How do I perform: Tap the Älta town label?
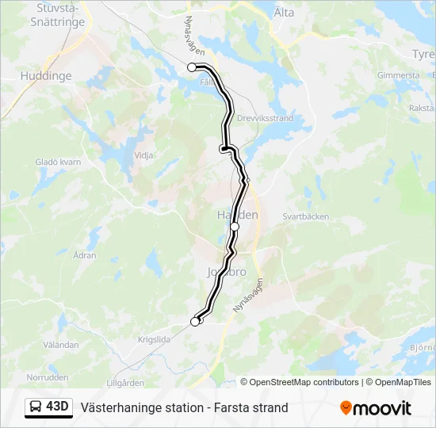pyautogui.click(x=283, y=13)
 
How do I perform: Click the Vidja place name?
pyautogui.click(x=144, y=155)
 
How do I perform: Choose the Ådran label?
pyautogui.click(x=85, y=256)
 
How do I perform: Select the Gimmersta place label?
pyautogui.click(x=399, y=75)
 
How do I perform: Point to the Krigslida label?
pyautogui.click(x=154, y=338)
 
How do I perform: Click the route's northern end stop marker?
pyautogui.click(x=192, y=67)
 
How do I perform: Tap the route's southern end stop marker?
pyautogui.click(x=195, y=321)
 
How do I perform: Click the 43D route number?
pyautogui.click(x=58, y=407)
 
